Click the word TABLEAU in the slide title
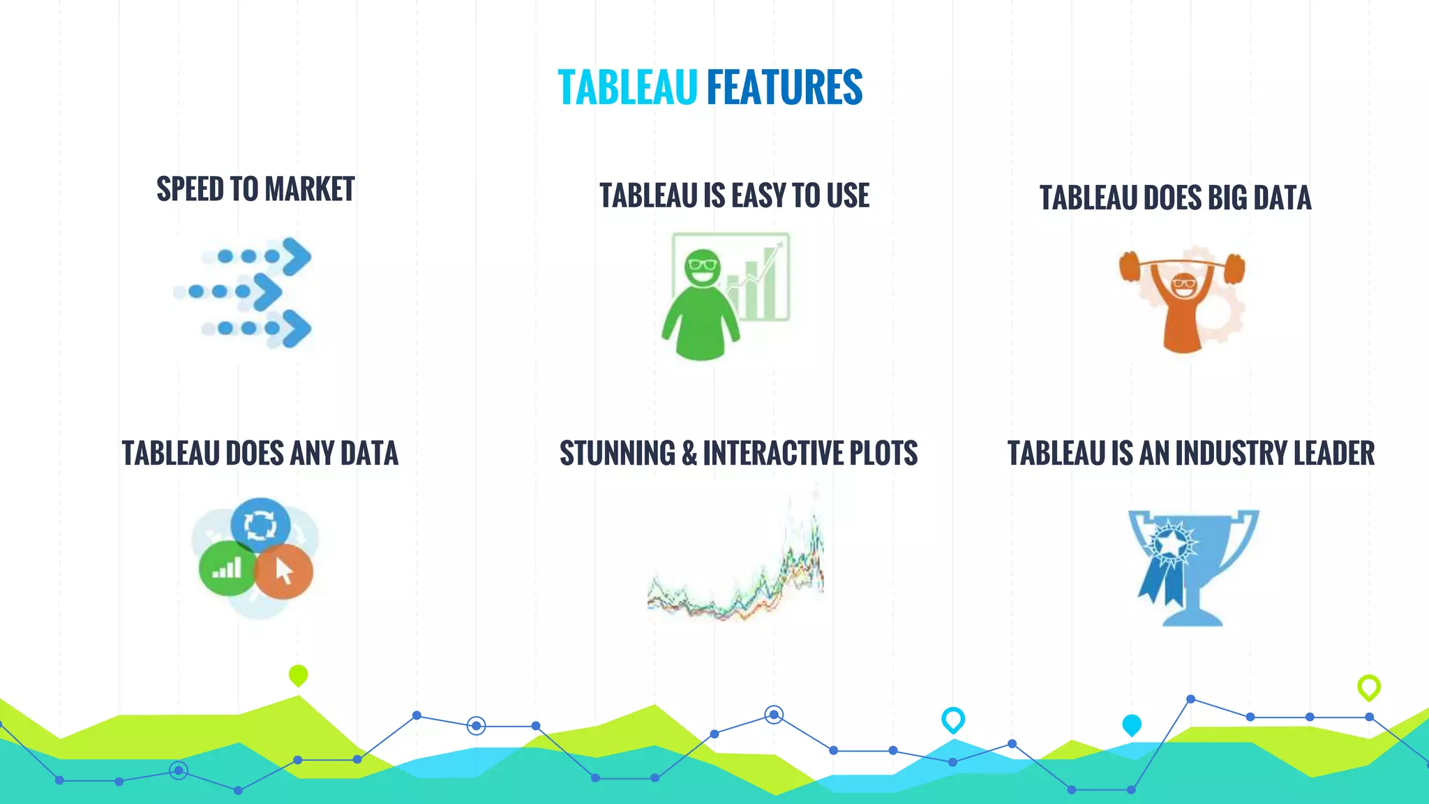[627, 88]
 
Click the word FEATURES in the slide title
[785, 88]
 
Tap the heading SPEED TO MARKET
[255, 189]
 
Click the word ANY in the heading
[312, 454]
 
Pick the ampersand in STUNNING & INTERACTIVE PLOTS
[689, 454]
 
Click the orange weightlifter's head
[1183, 285]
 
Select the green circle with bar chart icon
[227, 567]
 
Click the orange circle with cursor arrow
[283, 572]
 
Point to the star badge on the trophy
[1172, 543]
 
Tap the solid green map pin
[298, 675]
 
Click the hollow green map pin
[1368, 687]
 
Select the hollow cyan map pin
[952, 718]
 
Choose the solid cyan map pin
[1132, 724]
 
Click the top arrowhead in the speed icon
[297, 256]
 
